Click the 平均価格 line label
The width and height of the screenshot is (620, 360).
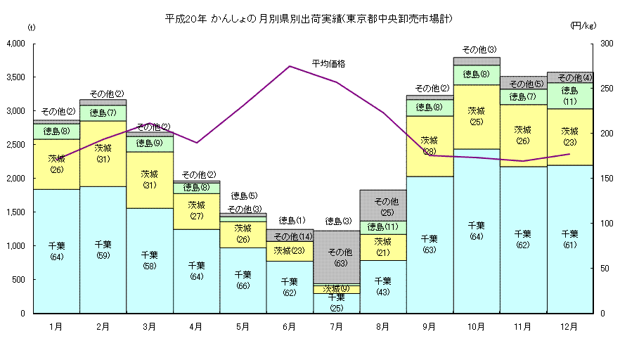[x=328, y=64]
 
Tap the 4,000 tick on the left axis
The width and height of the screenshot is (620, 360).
[x=15, y=44]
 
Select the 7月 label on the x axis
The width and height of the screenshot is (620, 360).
[x=336, y=326]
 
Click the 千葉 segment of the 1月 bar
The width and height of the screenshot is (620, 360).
[x=56, y=251]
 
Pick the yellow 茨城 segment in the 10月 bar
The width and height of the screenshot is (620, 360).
[x=477, y=117]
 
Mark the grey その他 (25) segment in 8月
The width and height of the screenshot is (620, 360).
[x=383, y=205]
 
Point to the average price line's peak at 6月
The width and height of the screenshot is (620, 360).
[x=290, y=66]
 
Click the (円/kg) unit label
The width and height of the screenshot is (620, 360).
[x=583, y=26]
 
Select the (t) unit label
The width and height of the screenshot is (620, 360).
[x=31, y=27]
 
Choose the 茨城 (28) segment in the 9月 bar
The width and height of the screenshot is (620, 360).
[x=430, y=146]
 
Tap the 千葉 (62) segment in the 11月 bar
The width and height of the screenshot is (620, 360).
[x=523, y=239]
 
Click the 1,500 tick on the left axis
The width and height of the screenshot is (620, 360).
[x=15, y=212]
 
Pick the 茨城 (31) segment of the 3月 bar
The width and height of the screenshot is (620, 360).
[x=150, y=179]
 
